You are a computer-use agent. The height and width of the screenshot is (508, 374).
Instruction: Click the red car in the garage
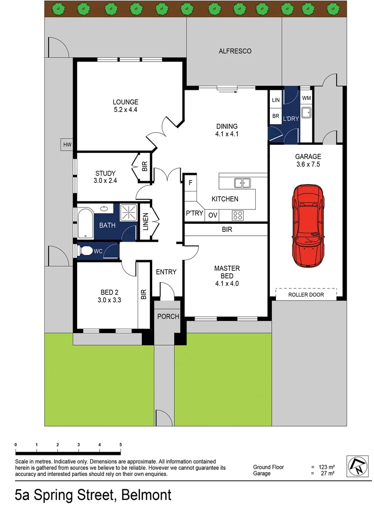[x=308, y=225]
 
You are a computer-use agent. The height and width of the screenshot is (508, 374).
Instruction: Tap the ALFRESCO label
[x=235, y=51]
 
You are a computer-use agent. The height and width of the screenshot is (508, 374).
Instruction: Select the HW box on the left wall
[x=66, y=145]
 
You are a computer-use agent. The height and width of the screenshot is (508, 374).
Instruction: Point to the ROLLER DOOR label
[x=306, y=295]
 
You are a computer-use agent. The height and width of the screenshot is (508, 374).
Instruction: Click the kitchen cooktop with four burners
[x=238, y=216]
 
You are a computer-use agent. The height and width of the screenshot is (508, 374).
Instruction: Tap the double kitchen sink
[x=243, y=182]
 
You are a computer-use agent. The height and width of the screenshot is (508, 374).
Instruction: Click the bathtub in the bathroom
[x=85, y=224]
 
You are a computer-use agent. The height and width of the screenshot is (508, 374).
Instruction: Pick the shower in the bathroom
[x=128, y=213]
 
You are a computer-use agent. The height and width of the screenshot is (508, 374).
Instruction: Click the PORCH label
[x=168, y=316]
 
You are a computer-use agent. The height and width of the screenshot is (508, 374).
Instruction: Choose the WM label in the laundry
[x=306, y=98]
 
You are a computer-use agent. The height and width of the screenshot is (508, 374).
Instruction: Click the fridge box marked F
[x=190, y=182]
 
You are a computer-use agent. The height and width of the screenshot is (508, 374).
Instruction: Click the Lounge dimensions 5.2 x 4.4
[x=125, y=110]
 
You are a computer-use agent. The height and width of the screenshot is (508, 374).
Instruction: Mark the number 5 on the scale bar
[x=121, y=444]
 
